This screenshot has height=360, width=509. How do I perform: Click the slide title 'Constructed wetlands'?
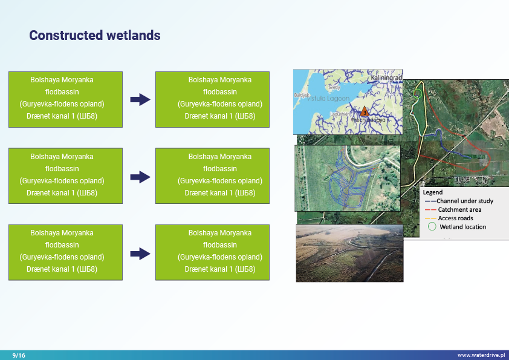pyautogui.click(x=95, y=35)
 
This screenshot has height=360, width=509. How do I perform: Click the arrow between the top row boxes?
pyautogui.click(x=140, y=100)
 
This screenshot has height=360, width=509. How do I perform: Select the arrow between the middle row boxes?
pyautogui.click(x=140, y=177)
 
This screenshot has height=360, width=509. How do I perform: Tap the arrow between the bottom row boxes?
pyautogui.click(x=140, y=253)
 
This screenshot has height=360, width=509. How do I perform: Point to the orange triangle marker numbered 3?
pyautogui.click(x=364, y=112)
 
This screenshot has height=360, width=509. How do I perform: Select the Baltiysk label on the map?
pyautogui.click(x=301, y=96)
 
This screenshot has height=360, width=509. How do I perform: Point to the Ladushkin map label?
pyautogui.click(x=340, y=114)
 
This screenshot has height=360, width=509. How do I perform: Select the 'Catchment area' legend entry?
pyautogui.click(x=459, y=209)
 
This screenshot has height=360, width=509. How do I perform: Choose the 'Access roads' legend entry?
pyautogui.click(x=456, y=218)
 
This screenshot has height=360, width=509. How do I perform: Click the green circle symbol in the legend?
pyautogui.click(x=432, y=227)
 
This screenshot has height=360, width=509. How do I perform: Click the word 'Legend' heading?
pyautogui.click(x=432, y=192)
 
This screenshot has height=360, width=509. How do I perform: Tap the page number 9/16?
pyautogui.click(x=19, y=355)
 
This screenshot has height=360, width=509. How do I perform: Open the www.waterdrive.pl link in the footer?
pyautogui.click(x=481, y=355)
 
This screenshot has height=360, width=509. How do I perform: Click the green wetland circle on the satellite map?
pyautogui.click(x=417, y=94)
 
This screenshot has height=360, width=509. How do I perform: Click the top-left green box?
pyautogui.click(x=65, y=99)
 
